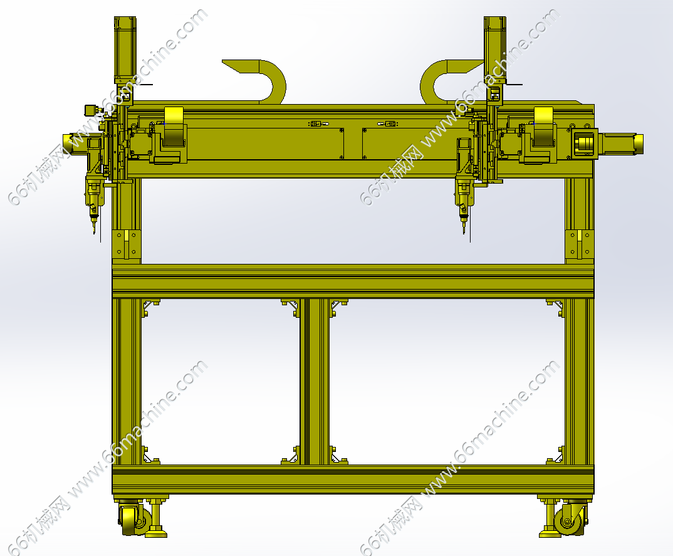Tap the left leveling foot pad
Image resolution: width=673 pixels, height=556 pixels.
(x=156, y=534)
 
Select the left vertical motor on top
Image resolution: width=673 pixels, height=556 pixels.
(x=125, y=50)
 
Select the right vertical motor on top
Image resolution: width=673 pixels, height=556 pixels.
(x=495, y=50)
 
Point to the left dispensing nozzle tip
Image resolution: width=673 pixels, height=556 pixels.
(x=94, y=232)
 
